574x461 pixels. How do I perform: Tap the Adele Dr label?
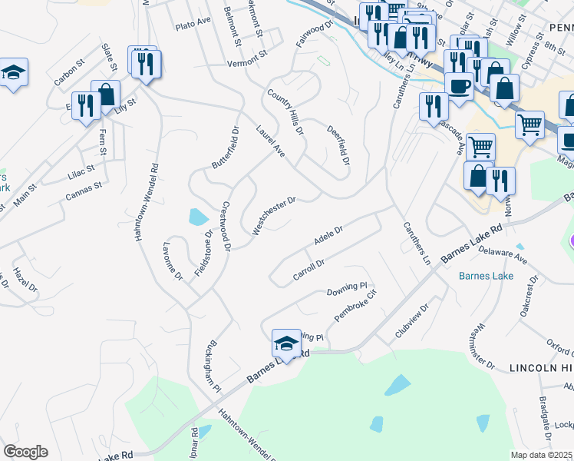328,235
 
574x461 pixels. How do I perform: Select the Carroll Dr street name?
310,269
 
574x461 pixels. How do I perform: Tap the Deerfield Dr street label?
338,145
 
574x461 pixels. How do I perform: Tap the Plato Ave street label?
193,25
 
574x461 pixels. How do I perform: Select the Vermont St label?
245,64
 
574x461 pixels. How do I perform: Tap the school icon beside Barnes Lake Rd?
286,343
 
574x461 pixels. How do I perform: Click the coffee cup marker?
459,86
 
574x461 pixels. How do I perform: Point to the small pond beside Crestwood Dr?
197,217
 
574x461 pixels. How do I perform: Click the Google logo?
25,451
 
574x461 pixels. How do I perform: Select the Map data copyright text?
542,455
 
